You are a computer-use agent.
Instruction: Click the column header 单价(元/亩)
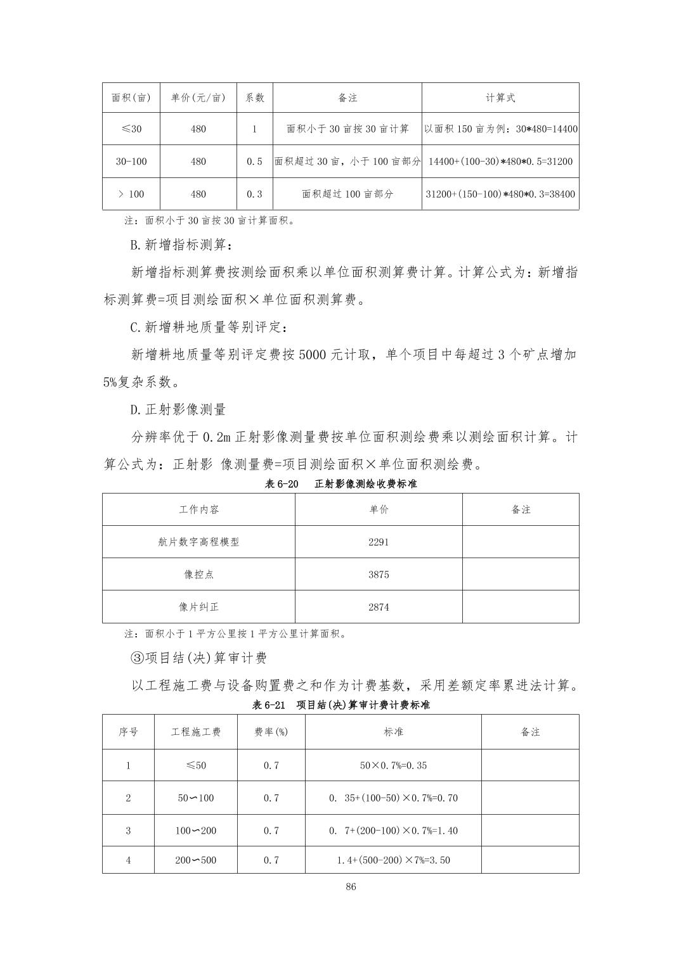198,98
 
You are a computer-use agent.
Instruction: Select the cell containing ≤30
131,129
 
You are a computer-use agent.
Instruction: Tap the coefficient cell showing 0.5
254,162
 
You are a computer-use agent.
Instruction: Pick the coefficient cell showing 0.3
254,194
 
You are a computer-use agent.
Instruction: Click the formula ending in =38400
500,194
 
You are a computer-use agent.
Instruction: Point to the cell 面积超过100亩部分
347,194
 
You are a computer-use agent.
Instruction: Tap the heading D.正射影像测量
178,409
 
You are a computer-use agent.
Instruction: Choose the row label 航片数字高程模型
198,542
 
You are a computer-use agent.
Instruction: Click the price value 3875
379,575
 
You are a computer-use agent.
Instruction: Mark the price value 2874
379,607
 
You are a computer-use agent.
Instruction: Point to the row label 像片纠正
198,607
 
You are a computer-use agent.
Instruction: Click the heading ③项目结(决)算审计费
198,658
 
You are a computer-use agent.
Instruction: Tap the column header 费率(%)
271,732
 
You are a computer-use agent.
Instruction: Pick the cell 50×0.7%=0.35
393,765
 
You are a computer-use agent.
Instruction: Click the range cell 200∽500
195,860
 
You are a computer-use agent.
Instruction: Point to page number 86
351,886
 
